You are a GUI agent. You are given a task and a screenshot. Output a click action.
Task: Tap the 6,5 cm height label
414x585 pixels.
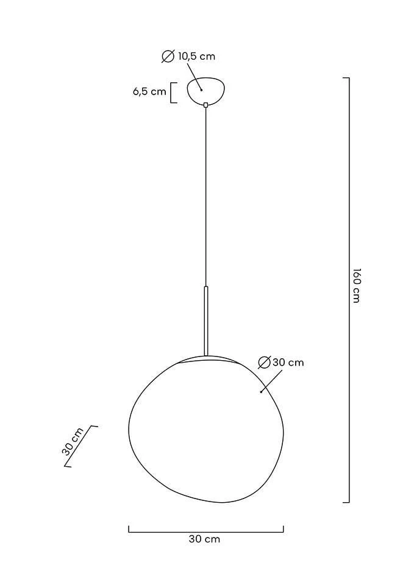(x=149, y=91)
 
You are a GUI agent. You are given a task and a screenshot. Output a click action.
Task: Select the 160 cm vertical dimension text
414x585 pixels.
(x=357, y=285)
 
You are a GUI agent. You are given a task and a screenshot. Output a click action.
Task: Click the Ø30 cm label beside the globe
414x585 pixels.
(x=280, y=362)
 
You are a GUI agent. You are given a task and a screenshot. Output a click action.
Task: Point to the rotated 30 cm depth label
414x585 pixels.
(x=73, y=441)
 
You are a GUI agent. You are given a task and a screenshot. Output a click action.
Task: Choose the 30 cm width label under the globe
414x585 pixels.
(x=205, y=539)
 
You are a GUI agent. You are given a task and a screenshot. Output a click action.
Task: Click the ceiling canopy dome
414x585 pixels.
(x=206, y=91)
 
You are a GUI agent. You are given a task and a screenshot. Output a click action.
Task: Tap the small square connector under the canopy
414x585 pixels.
(x=205, y=105)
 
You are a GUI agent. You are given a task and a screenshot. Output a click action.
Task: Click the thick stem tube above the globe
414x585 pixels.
(x=205, y=321)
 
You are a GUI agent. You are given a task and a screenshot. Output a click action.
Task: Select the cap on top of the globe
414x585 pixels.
(x=206, y=359)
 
